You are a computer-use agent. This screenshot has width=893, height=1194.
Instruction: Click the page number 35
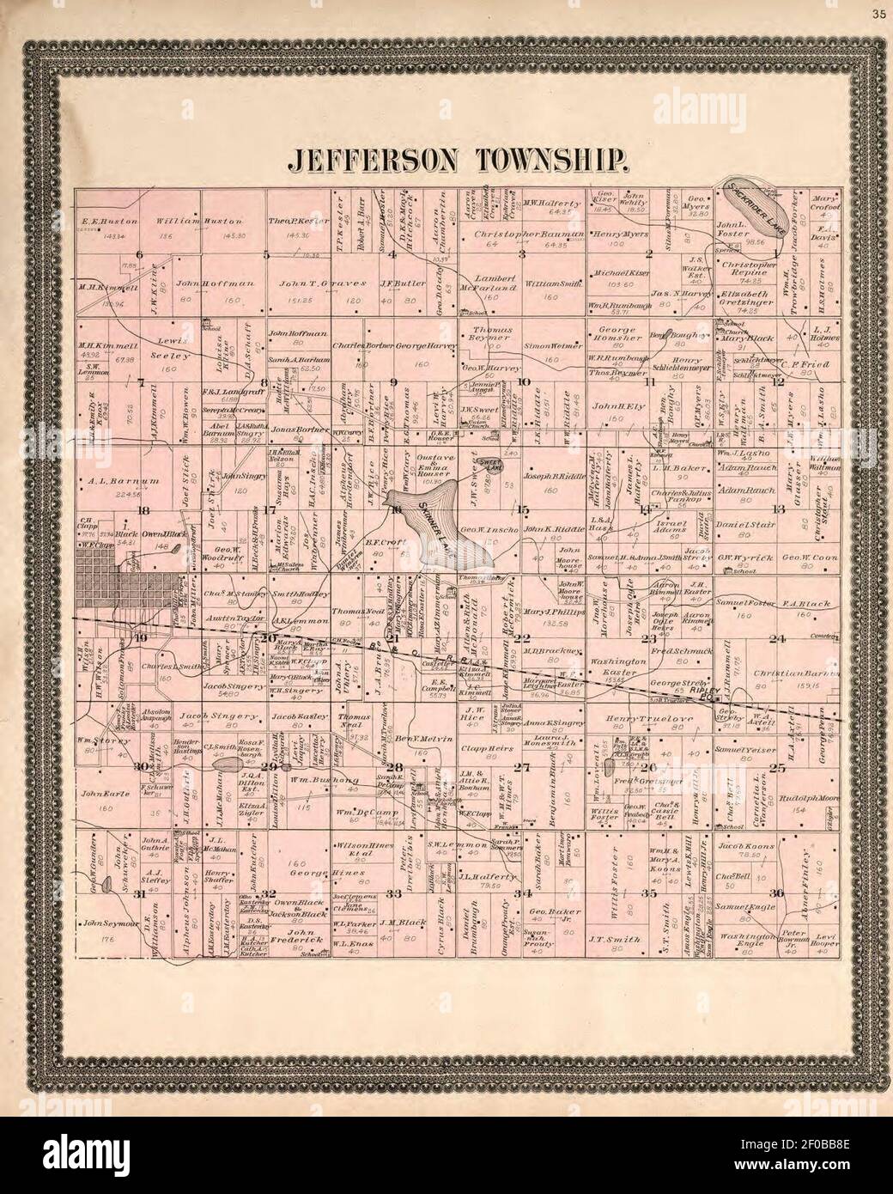pos(878,13)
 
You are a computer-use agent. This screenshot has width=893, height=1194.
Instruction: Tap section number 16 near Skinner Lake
pos(398,509)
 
